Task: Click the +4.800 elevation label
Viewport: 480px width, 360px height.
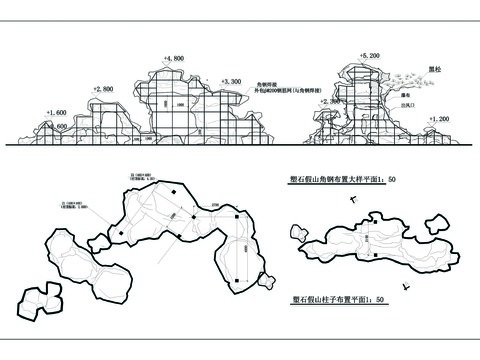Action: (x=173, y=60)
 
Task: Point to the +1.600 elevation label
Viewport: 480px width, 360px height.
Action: (x=57, y=113)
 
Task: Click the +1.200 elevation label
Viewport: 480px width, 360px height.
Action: (x=437, y=119)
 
